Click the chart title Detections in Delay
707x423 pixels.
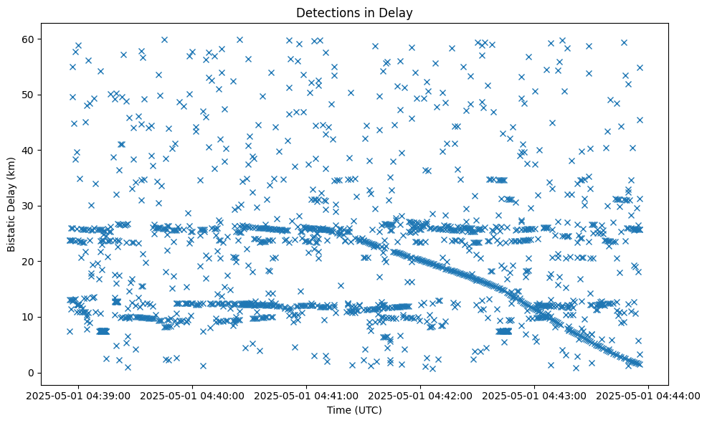pyautogui.click(x=354, y=12)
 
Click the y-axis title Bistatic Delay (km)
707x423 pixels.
pyautogui.click(x=11, y=205)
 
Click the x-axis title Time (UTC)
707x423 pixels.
pyautogui.click(x=354, y=410)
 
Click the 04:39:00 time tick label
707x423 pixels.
pyautogui.click(x=79, y=395)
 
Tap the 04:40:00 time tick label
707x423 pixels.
pyautogui.click(x=193, y=395)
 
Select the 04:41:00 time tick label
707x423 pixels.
pyautogui.click(x=307, y=395)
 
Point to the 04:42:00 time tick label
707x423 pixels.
pyautogui.click(x=421, y=395)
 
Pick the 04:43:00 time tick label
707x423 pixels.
pyautogui.click(x=535, y=395)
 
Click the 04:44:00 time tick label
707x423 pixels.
pyautogui.click(x=649, y=395)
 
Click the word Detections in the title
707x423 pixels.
pyautogui.click(x=326, y=12)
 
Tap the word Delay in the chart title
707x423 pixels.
pyautogui.click(x=398, y=12)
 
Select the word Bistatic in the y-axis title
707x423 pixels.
pyautogui.click(x=11, y=229)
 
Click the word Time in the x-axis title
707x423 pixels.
pyautogui.click(x=338, y=410)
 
